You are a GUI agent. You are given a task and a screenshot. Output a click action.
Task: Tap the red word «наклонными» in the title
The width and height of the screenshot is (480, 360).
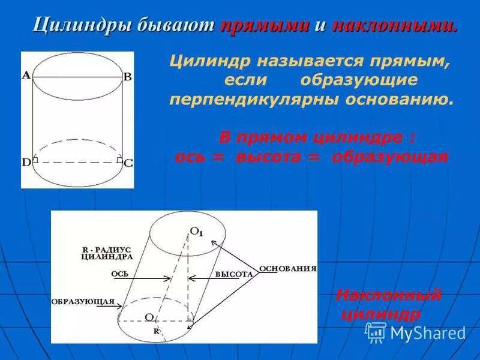[x=393, y=25]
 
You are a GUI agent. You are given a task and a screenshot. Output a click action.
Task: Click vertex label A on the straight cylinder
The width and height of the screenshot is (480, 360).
[x=26, y=76]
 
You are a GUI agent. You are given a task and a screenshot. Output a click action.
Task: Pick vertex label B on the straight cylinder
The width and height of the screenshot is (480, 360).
[x=127, y=77]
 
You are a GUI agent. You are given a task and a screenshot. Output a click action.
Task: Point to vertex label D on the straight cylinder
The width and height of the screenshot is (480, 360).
[x=26, y=162]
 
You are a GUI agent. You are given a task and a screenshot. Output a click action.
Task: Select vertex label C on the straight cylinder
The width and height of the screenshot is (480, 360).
[x=128, y=163]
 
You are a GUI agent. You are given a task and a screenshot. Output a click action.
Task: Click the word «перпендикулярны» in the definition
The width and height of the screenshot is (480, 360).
[x=254, y=99]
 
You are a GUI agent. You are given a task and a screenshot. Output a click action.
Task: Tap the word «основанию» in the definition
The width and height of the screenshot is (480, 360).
[x=399, y=99]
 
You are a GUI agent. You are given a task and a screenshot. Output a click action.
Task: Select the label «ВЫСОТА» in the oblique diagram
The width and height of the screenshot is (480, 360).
[x=233, y=274]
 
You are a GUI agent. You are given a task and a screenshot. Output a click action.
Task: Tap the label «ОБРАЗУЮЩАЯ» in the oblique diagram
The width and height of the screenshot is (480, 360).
[x=83, y=301]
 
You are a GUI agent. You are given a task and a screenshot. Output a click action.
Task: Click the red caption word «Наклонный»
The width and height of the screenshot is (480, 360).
[x=389, y=295]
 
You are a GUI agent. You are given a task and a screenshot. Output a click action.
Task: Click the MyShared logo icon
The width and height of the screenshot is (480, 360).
[x=376, y=332]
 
